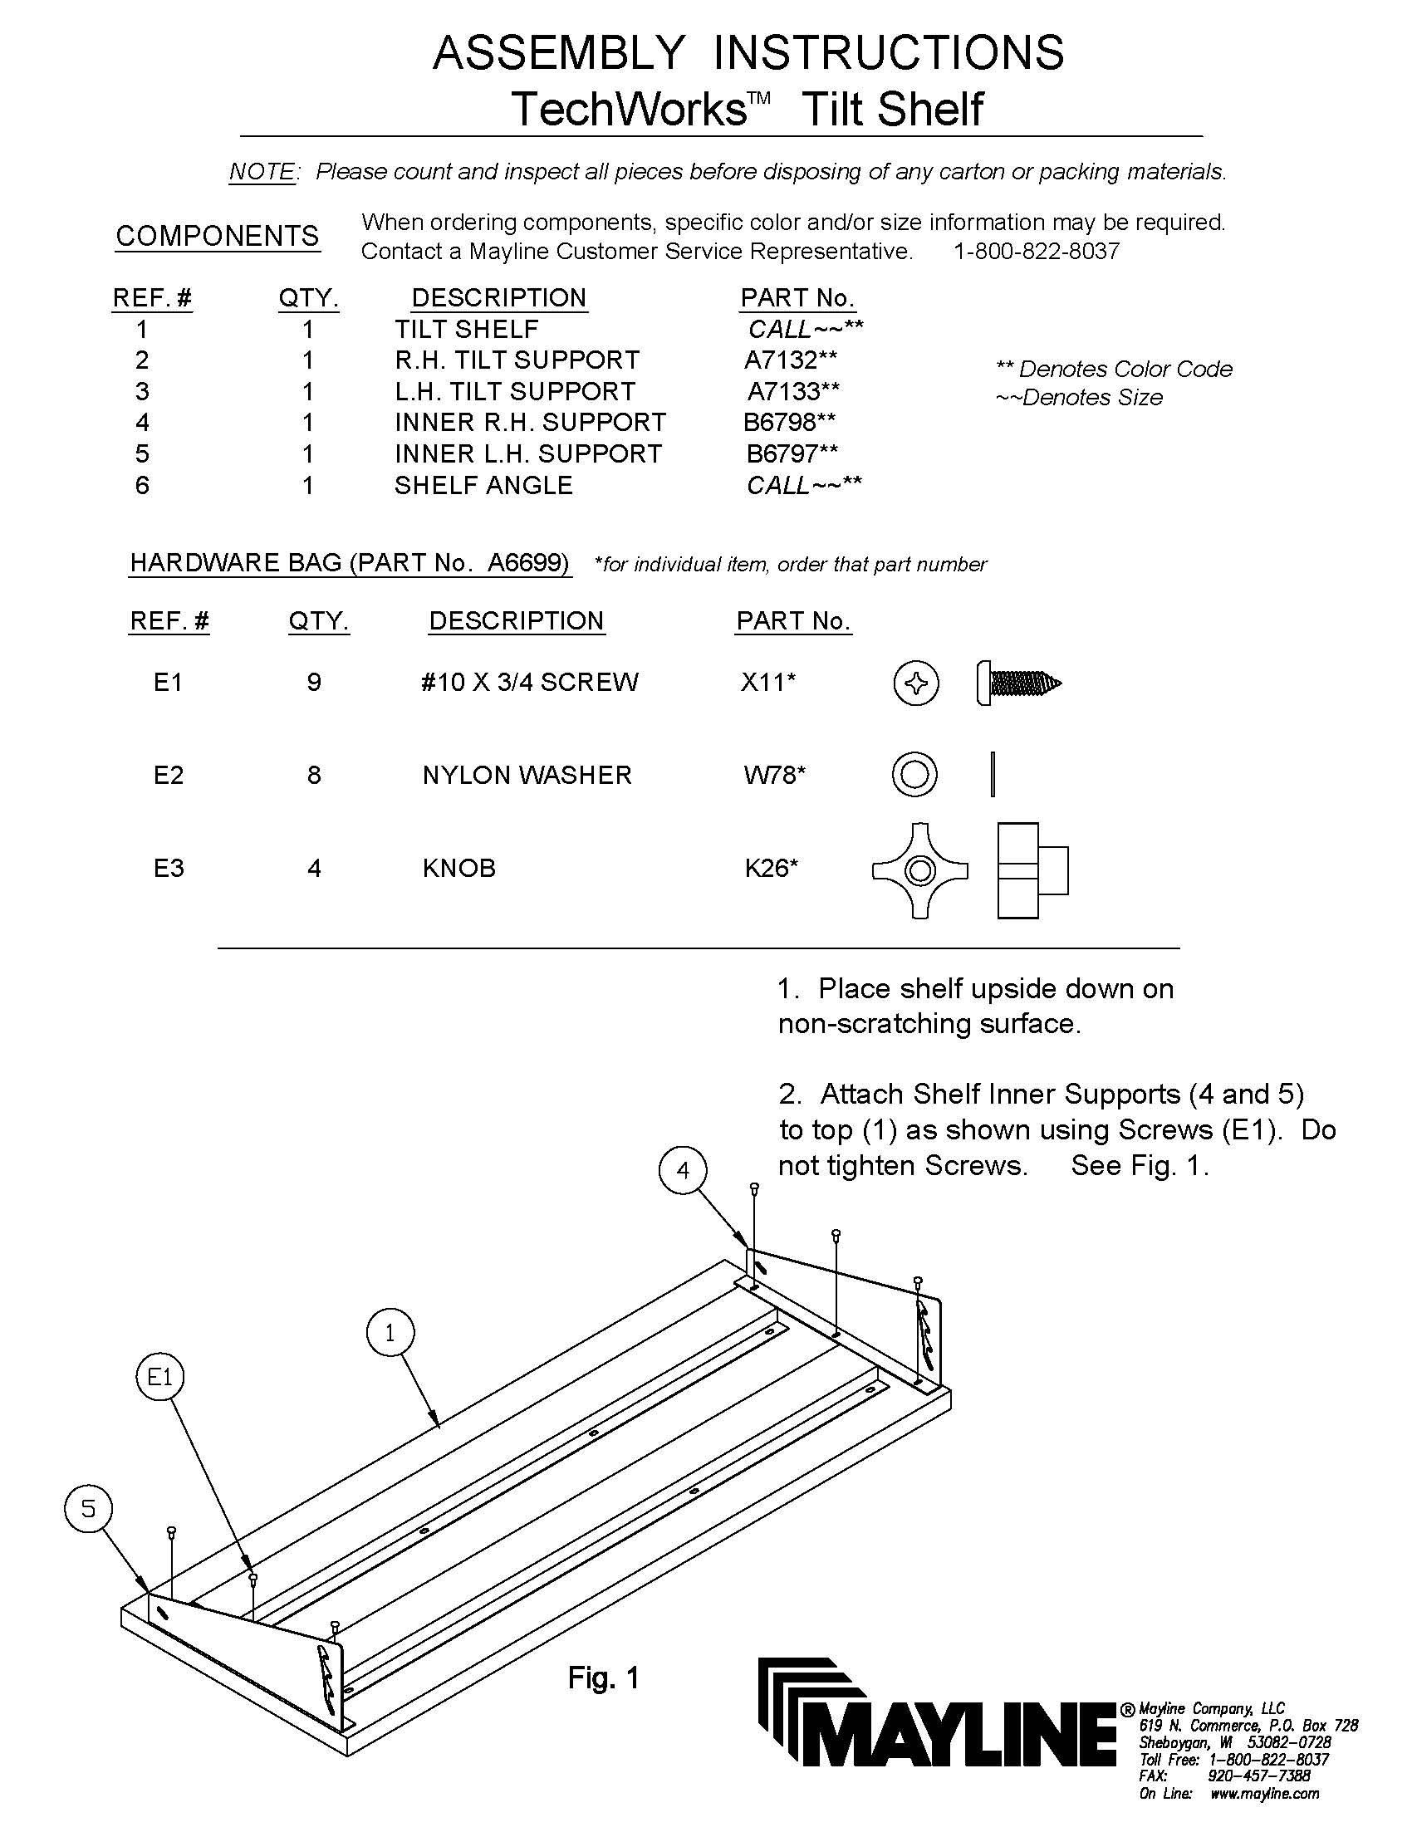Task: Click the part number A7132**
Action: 790,360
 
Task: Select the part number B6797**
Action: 792,453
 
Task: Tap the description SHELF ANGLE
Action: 483,485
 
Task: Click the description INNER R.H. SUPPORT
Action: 531,423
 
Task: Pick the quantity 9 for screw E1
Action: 314,683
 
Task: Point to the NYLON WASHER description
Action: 527,775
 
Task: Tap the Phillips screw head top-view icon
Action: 916,683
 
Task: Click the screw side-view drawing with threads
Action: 1018,683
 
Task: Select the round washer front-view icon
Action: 914,774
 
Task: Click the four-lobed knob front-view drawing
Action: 920,871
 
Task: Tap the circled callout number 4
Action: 684,1170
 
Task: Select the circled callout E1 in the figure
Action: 159,1377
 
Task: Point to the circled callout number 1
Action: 390,1334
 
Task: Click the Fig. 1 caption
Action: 603,1678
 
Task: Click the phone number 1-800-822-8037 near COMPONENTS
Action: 1036,251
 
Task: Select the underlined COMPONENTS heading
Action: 218,236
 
